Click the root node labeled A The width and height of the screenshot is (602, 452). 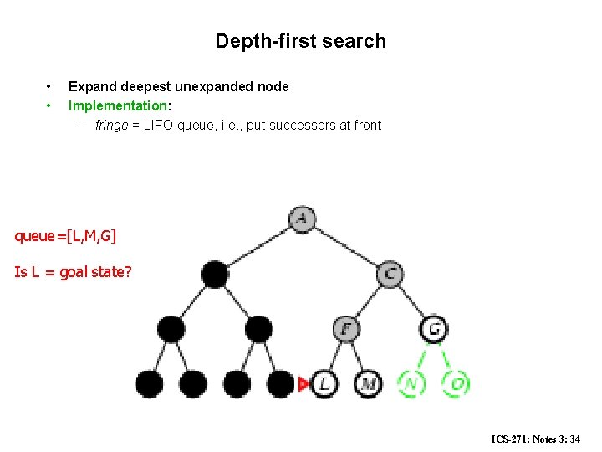coord(302,219)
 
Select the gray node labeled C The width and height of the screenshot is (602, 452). coord(390,274)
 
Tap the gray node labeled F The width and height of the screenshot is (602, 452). coord(346,328)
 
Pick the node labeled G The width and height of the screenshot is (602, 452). coord(434,328)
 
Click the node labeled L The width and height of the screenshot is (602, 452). coord(324,383)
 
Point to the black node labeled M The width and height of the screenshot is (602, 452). coord(368,383)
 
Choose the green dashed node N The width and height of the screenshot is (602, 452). coord(411,383)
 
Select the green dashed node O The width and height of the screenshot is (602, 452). coord(456,383)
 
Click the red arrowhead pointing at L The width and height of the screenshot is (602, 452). coord(304,383)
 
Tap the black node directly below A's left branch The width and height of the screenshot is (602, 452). coord(215,274)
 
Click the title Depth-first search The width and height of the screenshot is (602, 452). coord(300,41)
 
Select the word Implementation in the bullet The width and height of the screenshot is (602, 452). coord(117,105)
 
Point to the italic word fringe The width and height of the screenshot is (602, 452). coord(112,126)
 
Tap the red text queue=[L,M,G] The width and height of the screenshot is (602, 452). coord(65,236)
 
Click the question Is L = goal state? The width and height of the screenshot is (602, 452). coord(73,271)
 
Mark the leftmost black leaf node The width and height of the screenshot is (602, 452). coord(150,383)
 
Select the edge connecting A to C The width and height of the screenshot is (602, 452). coord(346,247)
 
